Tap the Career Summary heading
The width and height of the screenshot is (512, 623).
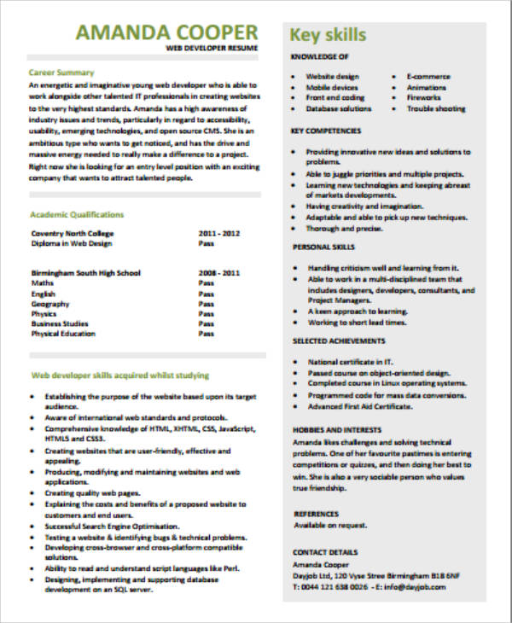61,73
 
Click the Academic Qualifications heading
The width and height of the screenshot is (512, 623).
77,215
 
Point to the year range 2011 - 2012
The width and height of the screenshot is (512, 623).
219,233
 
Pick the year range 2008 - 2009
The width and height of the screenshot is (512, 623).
219,273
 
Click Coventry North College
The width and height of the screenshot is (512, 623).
72,233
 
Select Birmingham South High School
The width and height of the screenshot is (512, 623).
85,273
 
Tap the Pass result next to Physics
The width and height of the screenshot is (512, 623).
206,313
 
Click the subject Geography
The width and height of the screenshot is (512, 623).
50,303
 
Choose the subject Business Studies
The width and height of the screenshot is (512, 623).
60,323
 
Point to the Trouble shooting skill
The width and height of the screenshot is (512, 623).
436,108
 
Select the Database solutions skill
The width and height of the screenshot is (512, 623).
339,108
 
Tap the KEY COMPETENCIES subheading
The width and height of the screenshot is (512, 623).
327,131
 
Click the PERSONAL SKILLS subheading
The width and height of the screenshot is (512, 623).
323,247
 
